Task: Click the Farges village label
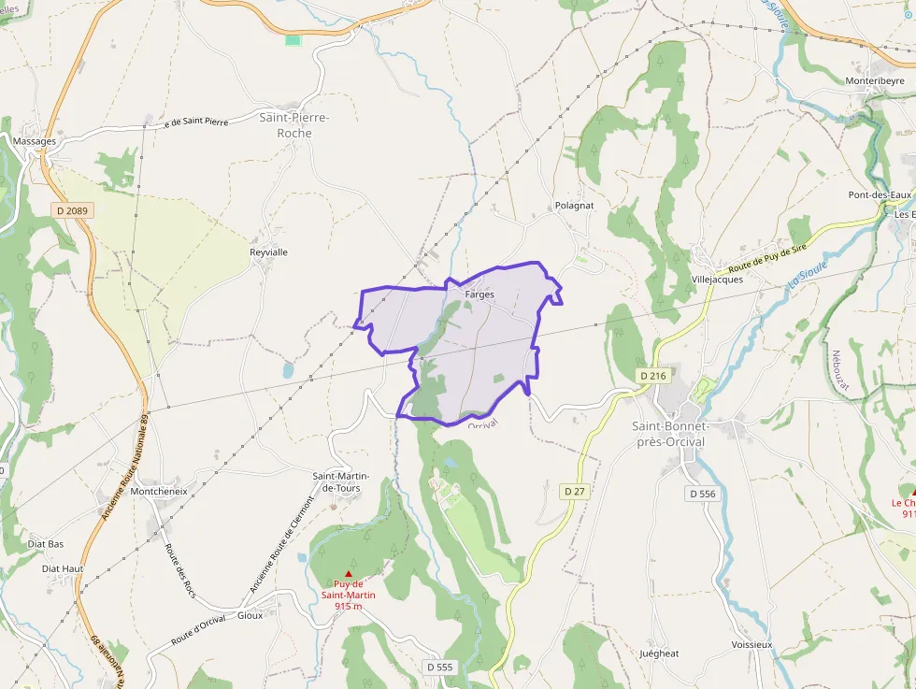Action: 479,294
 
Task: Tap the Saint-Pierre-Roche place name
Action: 294,125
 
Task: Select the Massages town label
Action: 36,141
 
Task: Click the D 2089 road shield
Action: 72,211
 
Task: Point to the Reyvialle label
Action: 268,252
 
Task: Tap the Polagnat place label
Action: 574,205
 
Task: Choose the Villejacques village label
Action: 717,279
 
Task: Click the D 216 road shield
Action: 653,375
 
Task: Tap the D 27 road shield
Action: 575,491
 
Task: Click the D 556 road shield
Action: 702,493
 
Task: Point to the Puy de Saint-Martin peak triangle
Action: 349,574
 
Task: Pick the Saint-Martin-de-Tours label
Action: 336,481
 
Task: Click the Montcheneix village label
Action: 159,491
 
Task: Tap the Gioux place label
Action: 250,615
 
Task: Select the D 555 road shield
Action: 439,667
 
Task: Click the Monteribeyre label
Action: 875,81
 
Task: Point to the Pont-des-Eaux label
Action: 880,194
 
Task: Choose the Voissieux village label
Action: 752,645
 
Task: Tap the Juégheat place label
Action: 659,653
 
